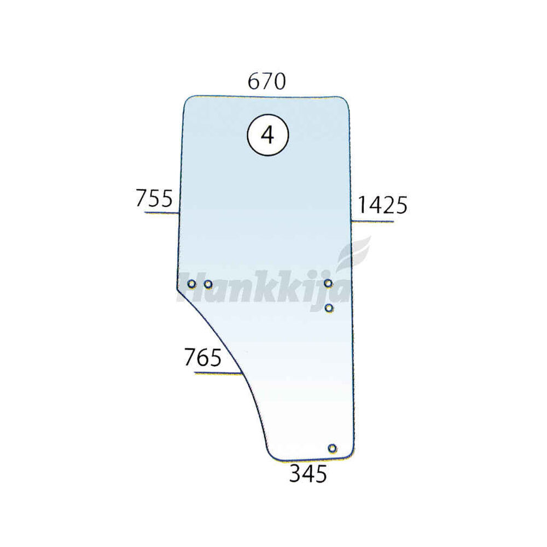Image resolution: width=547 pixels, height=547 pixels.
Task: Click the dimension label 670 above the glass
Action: pos(267,82)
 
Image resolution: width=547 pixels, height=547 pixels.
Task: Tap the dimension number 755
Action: pos(154,198)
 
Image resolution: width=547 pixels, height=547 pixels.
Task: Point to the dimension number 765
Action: pos(203,357)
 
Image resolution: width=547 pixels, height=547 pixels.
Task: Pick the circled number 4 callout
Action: pos(267,135)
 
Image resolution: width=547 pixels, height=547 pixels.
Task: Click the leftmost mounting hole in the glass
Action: pos(191,284)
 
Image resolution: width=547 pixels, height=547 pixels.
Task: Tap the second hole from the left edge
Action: pos(208,284)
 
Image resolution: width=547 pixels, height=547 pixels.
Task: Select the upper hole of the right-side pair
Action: pos(328,283)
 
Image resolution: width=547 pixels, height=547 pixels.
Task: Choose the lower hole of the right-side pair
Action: pos(329,308)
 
